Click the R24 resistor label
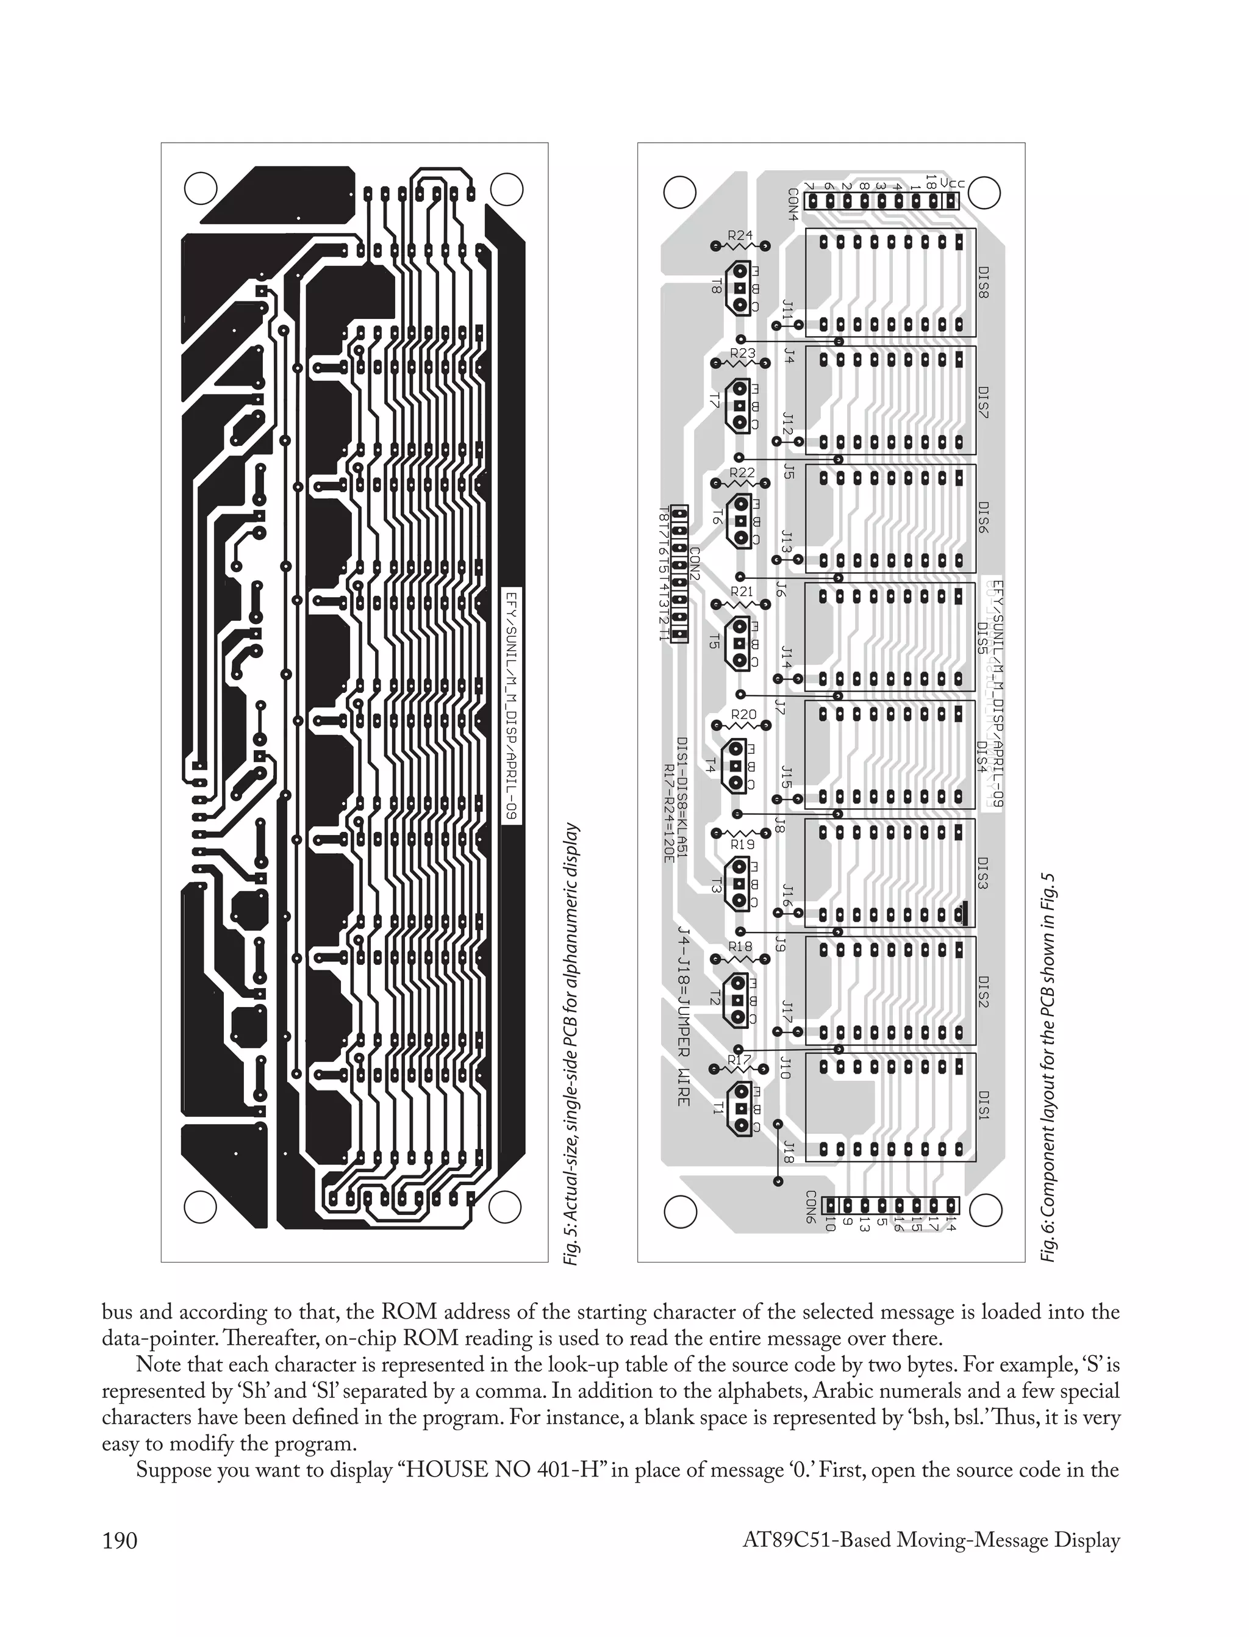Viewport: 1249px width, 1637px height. [x=740, y=235]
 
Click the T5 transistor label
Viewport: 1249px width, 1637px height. [x=715, y=641]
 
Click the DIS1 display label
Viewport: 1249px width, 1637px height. [x=983, y=1108]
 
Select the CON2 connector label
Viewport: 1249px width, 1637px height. [x=695, y=565]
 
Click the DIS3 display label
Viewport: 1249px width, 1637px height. [x=983, y=873]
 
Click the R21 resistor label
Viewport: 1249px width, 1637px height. [x=742, y=592]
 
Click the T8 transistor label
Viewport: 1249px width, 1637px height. [x=716, y=286]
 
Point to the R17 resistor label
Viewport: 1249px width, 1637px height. [x=740, y=1060]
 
